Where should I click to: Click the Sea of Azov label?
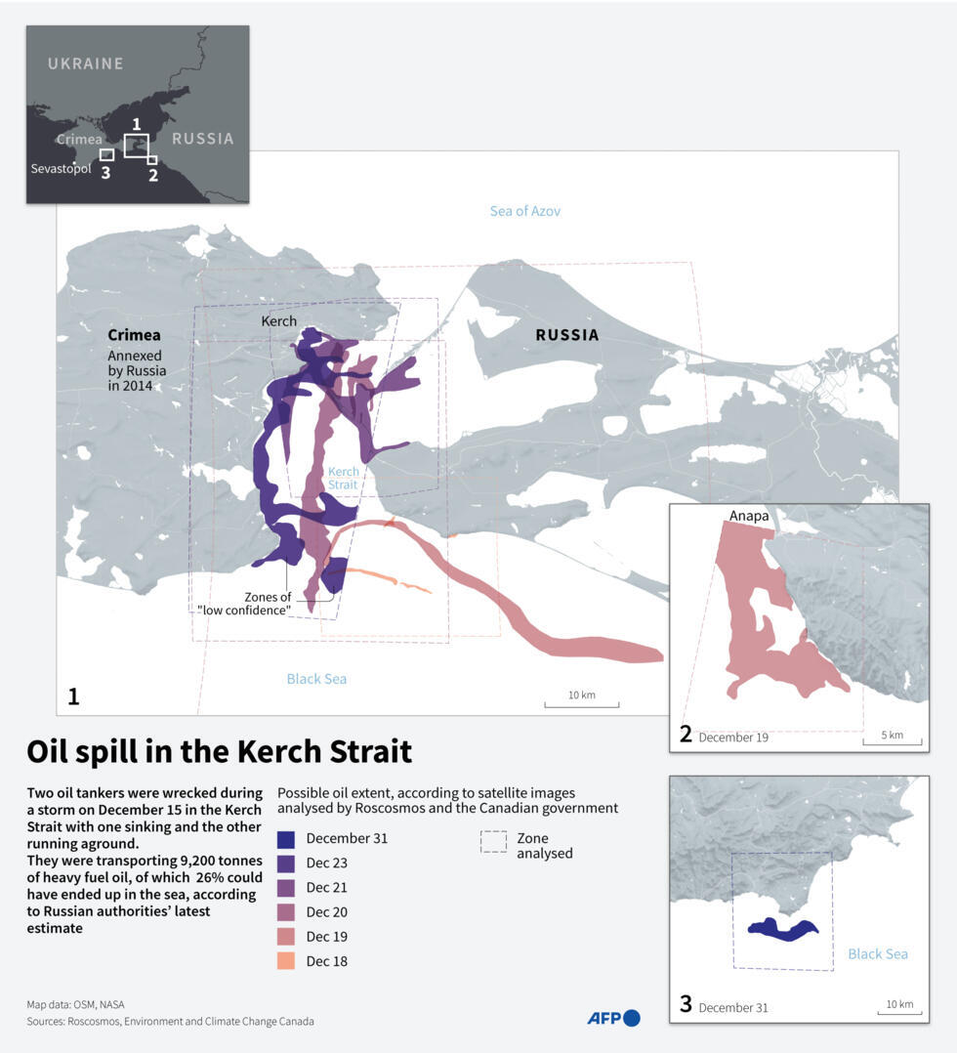click(x=525, y=211)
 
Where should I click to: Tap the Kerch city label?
click(x=278, y=320)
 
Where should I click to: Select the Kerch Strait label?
click(x=343, y=478)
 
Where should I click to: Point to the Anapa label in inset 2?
click(x=749, y=515)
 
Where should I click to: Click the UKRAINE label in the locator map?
click(x=86, y=63)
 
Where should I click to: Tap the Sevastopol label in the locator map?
click(x=60, y=169)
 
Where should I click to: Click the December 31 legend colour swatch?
click(x=285, y=838)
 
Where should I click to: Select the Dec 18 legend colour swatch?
click(x=285, y=961)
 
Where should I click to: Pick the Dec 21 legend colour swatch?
click(x=285, y=887)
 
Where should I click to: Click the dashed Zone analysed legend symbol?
click(x=494, y=842)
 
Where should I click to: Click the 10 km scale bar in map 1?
click(x=581, y=699)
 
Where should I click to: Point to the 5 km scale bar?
click(x=892, y=738)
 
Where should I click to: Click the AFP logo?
click(x=613, y=1018)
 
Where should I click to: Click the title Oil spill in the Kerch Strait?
click(x=219, y=751)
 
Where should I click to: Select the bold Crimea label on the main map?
click(x=134, y=335)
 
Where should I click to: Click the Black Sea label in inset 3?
click(x=877, y=954)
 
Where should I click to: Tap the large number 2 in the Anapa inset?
click(x=686, y=734)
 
